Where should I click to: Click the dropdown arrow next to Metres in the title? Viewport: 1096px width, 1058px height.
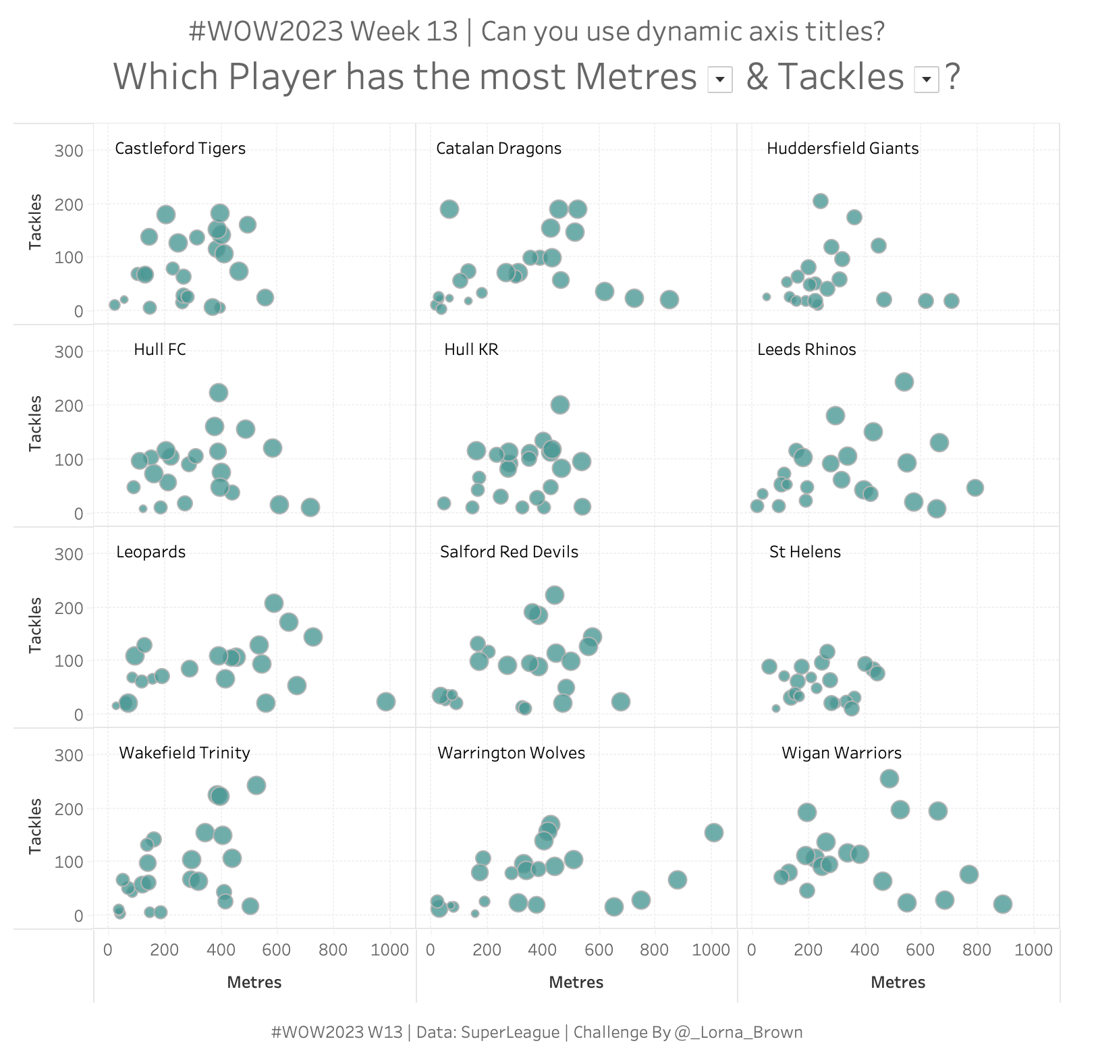click(x=720, y=80)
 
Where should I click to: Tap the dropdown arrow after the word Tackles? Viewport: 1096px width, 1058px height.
click(x=927, y=80)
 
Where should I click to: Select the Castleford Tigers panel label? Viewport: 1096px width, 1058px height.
click(x=180, y=148)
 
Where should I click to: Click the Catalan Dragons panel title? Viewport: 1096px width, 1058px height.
click(x=499, y=148)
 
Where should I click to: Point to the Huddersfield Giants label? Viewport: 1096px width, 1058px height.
click(x=842, y=148)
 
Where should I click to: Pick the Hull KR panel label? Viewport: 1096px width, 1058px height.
click(x=471, y=350)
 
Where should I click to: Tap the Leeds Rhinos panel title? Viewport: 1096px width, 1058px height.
click(x=806, y=350)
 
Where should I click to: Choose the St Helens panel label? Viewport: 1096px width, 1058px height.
click(x=805, y=552)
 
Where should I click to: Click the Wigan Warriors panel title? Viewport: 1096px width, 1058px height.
click(x=842, y=753)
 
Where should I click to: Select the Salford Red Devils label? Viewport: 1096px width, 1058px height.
click(x=509, y=552)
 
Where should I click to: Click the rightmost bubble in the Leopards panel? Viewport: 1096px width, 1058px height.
click(x=385, y=702)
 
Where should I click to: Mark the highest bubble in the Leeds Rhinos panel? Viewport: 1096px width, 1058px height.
click(x=904, y=382)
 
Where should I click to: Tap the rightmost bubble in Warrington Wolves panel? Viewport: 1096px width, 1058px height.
click(x=714, y=833)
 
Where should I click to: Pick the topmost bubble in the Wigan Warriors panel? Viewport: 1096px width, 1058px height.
click(x=889, y=779)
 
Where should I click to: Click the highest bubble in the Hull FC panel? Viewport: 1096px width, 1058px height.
click(x=219, y=393)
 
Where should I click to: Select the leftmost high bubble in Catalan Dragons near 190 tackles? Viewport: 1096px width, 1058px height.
click(x=449, y=209)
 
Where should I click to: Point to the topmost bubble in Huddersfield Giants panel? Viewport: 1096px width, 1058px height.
click(x=821, y=201)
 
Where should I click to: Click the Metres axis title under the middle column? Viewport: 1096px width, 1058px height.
click(x=576, y=982)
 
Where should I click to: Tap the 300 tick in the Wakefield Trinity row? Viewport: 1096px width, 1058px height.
click(x=69, y=755)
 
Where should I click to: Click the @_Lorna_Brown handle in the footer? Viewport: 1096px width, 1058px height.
click(x=738, y=1032)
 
